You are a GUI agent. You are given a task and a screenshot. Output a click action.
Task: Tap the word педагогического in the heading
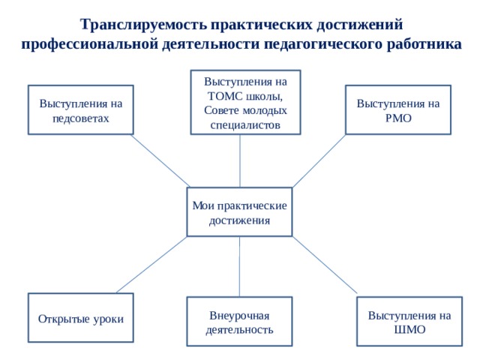coord(323,43)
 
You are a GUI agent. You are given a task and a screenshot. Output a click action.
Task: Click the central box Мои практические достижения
coord(239,211)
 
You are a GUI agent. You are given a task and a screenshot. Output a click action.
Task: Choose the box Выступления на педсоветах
coord(81,110)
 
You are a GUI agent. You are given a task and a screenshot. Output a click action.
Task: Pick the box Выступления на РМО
coord(398,110)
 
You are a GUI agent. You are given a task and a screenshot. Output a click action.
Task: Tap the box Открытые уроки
coord(81,318)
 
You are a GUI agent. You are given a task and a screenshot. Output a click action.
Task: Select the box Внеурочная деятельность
coord(239,322)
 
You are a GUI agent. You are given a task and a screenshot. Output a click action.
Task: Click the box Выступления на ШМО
coord(409,322)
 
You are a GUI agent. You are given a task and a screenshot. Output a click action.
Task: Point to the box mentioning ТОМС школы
coord(245,102)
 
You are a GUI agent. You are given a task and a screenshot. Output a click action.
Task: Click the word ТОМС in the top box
coord(225,96)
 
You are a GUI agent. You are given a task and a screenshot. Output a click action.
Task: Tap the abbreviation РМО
coord(398,118)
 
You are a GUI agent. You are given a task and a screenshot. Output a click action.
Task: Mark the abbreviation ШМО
coord(409,330)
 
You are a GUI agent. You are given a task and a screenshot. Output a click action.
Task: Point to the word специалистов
coord(245,125)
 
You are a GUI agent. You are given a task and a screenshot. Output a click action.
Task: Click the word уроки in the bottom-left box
coord(108,319)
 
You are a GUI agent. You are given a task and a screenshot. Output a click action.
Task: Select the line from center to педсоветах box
coord(161,161)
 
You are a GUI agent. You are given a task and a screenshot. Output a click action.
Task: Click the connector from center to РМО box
coord(319,161)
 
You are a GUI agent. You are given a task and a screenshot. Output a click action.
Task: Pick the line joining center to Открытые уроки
coord(151,265)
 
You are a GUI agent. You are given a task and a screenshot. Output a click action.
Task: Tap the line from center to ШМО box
coord(325,265)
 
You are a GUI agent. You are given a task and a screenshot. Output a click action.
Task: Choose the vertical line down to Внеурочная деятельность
coord(239,267)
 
